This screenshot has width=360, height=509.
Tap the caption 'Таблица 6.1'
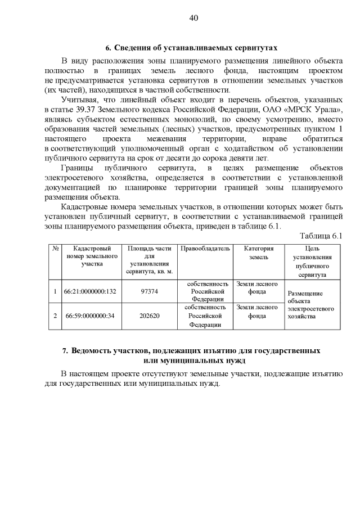pyautogui.click(x=321, y=236)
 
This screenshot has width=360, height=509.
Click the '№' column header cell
pyautogui.click(x=55, y=248)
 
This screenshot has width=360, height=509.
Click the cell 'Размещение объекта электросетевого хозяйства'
pyautogui.click(x=311, y=305)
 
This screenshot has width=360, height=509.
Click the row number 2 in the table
pyautogui.click(x=55, y=316)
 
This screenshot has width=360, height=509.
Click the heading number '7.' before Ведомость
pyautogui.click(x=65, y=351)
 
